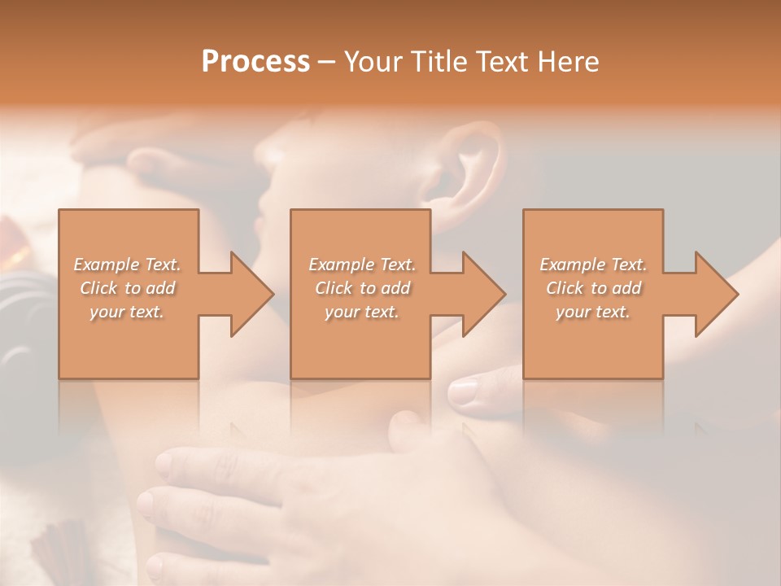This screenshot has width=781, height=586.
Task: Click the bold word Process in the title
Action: (x=255, y=62)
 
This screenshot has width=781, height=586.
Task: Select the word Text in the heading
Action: (x=504, y=62)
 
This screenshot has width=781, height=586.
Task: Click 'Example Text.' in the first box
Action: (x=128, y=265)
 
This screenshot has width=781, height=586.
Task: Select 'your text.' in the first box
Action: (x=128, y=312)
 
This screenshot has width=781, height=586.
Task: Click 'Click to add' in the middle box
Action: (x=362, y=288)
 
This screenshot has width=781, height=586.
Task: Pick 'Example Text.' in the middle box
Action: (x=362, y=265)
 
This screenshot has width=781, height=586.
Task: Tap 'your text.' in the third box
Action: (x=593, y=312)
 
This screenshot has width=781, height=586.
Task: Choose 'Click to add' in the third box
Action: (x=593, y=288)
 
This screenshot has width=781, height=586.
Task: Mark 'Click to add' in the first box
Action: (x=128, y=288)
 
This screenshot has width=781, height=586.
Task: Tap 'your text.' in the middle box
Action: (x=362, y=312)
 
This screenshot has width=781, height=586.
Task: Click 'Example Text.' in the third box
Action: (x=593, y=265)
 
